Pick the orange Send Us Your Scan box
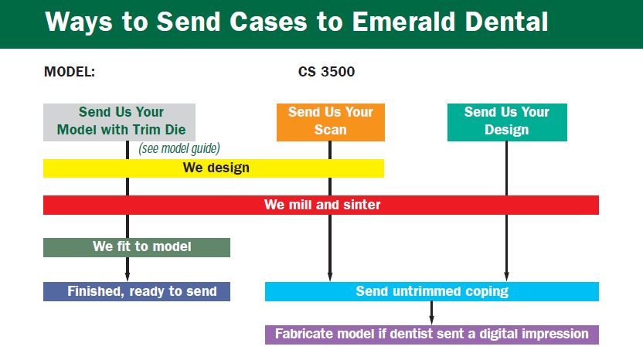(330, 122)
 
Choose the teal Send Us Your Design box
(507, 122)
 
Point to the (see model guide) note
(179, 148)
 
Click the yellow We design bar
(213, 168)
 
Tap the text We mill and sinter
(322, 205)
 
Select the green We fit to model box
(137, 247)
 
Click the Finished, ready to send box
(137, 291)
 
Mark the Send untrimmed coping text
(431, 291)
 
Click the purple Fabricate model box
(431, 335)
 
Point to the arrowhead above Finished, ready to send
(128, 275)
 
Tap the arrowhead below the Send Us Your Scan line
(330, 275)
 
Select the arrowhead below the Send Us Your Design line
(507, 275)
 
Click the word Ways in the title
(76, 22)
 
